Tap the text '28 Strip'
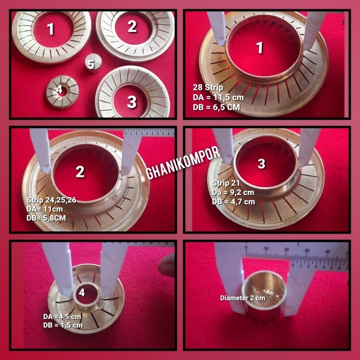208,87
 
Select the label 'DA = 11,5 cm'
219,97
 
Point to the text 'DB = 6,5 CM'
217,107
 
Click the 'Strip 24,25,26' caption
51,200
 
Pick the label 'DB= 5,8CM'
46,218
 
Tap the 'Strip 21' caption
226,183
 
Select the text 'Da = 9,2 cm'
233,192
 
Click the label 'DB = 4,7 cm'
233,202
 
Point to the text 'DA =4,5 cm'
62,317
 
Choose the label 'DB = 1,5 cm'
63,325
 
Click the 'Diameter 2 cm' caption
243,298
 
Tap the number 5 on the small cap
91,64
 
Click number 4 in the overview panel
60,89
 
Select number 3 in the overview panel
132,102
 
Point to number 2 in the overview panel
132,26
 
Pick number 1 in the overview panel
50,29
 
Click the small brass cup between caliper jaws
265,296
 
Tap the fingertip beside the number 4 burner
167,264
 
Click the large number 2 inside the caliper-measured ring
80,172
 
